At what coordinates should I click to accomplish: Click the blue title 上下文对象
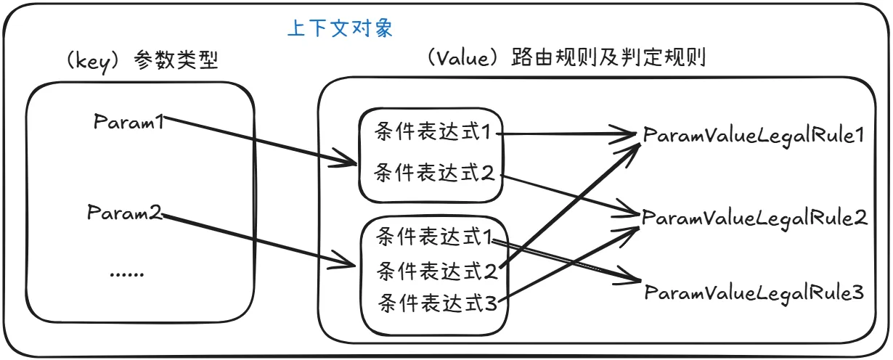click(x=341, y=29)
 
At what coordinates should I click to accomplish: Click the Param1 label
click(x=131, y=121)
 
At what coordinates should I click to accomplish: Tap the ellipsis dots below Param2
click(x=127, y=274)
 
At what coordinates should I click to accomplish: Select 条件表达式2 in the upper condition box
click(x=433, y=173)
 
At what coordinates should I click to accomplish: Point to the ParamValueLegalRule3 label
click(x=754, y=292)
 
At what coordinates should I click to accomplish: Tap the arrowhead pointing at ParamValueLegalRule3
click(x=633, y=279)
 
